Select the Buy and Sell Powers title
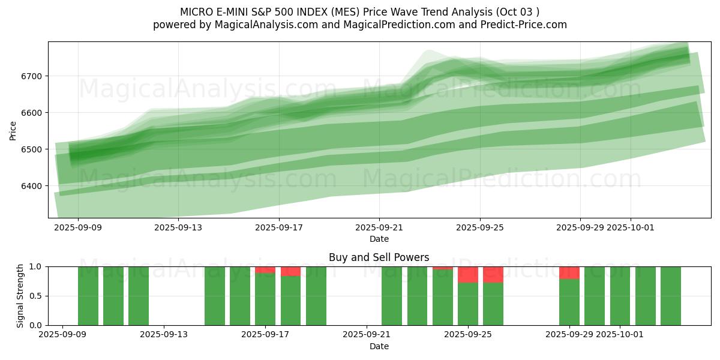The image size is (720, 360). click(379, 257)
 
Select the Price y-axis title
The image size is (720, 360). click(13, 130)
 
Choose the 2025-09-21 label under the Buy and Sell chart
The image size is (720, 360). click(365, 335)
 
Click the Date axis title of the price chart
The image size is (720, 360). click(379, 239)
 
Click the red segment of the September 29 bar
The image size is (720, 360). click(569, 272)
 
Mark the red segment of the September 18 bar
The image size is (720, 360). click(290, 271)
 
